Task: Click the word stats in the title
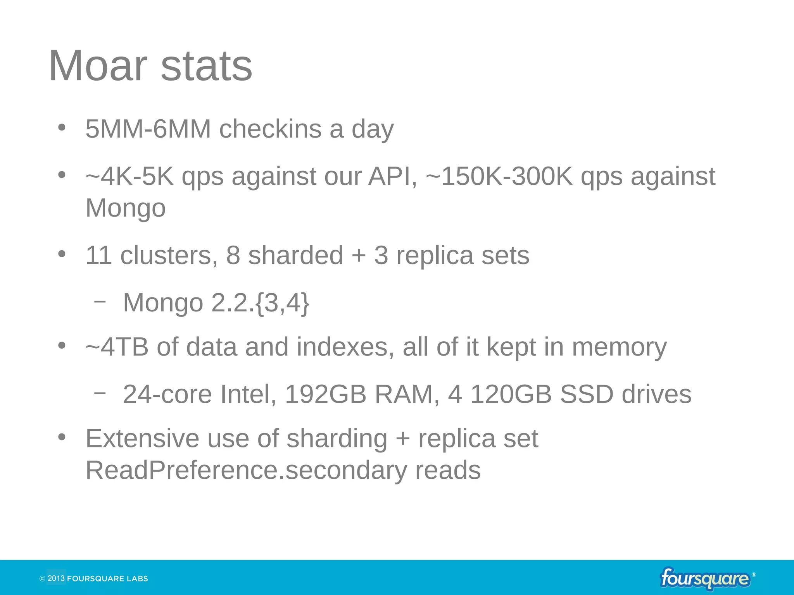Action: [x=206, y=66]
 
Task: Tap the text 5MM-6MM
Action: [x=148, y=129]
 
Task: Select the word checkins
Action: [x=270, y=129]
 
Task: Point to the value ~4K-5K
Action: [x=129, y=177]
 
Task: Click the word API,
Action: [x=393, y=177]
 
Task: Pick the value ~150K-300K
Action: [x=499, y=177]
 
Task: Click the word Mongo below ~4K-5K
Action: [x=125, y=208]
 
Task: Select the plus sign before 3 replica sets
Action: [x=359, y=256]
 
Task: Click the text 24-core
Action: [x=167, y=394]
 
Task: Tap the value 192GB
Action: [x=326, y=394]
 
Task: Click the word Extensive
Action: [x=142, y=439]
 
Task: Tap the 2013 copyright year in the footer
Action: [x=56, y=578]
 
